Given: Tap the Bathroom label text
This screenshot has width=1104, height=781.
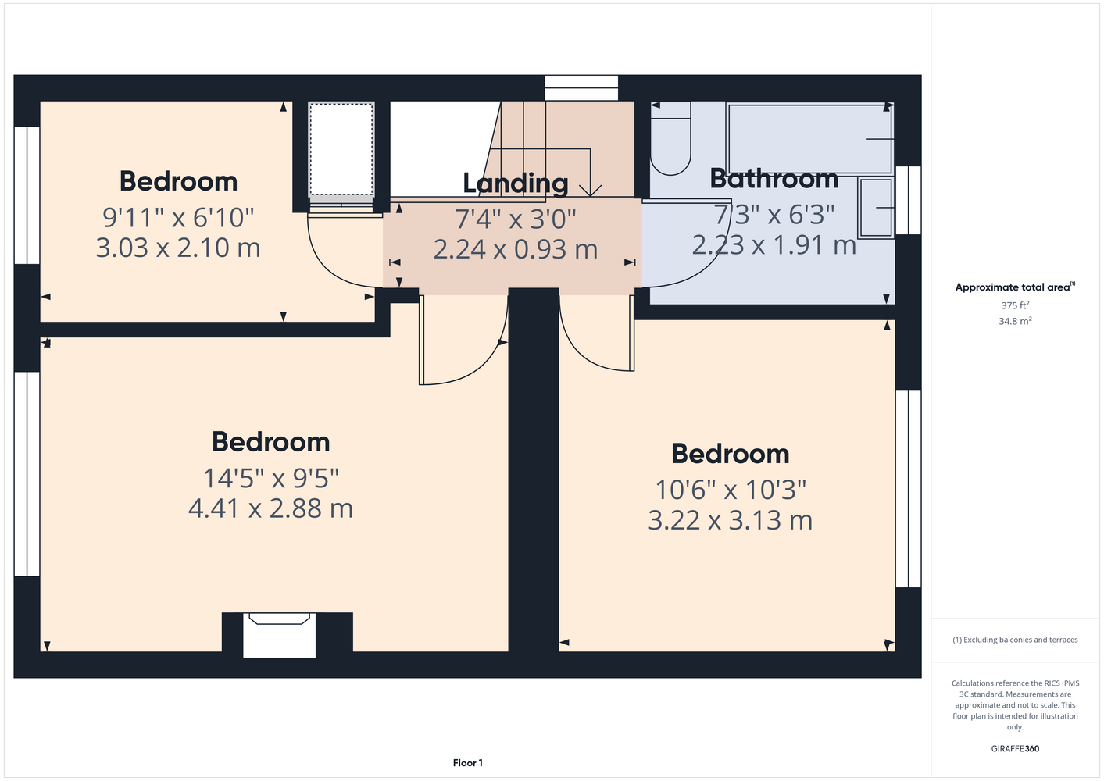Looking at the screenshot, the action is pyautogui.click(x=774, y=178).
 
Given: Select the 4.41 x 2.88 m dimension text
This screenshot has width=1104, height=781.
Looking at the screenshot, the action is pyautogui.click(x=270, y=508).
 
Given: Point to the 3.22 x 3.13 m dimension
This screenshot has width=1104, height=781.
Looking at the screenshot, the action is pyautogui.click(x=730, y=520).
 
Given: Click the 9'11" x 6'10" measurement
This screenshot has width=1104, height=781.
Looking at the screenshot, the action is pyautogui.click(x=178, y=217).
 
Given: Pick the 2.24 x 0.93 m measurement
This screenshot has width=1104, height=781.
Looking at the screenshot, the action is pyautogui.click(x=516, y=249).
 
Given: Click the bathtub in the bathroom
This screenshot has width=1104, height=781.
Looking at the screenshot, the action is pyautogui.click(x=809, y=139).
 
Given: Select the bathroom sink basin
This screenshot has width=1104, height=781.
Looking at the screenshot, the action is pyautogui.click(x=876, y=208).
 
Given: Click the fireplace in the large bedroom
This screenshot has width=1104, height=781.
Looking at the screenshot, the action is pyautogui.click(x=280, y=635).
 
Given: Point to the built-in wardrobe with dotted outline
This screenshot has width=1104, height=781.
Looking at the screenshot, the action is pyautogui.click(x=341, y=150).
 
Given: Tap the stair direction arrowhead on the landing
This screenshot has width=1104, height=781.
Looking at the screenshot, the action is pyautogui.click(x=590, y=191).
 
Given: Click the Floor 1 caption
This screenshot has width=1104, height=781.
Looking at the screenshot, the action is pyautogui.click(x=468, y=763).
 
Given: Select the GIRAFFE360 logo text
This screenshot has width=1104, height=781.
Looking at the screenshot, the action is pyautogui.click(x=1015, y=748).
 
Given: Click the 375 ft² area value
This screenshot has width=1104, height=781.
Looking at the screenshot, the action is pyautogui.click(x=1015, y=305).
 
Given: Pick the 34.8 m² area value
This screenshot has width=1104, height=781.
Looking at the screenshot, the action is pyautogui.click(x=1015, y=321).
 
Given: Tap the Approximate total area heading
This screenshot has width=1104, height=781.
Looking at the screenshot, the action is pyautogui.click(x=1015, y=287).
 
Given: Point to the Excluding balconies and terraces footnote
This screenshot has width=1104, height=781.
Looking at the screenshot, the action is pyautogui.click(x=1015, y=640).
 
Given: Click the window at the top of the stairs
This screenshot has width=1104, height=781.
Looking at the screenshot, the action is pyautogui.click(x=581, y=88).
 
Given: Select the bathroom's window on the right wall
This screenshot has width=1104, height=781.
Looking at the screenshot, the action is pyautogui.click(x=908, y=200).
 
